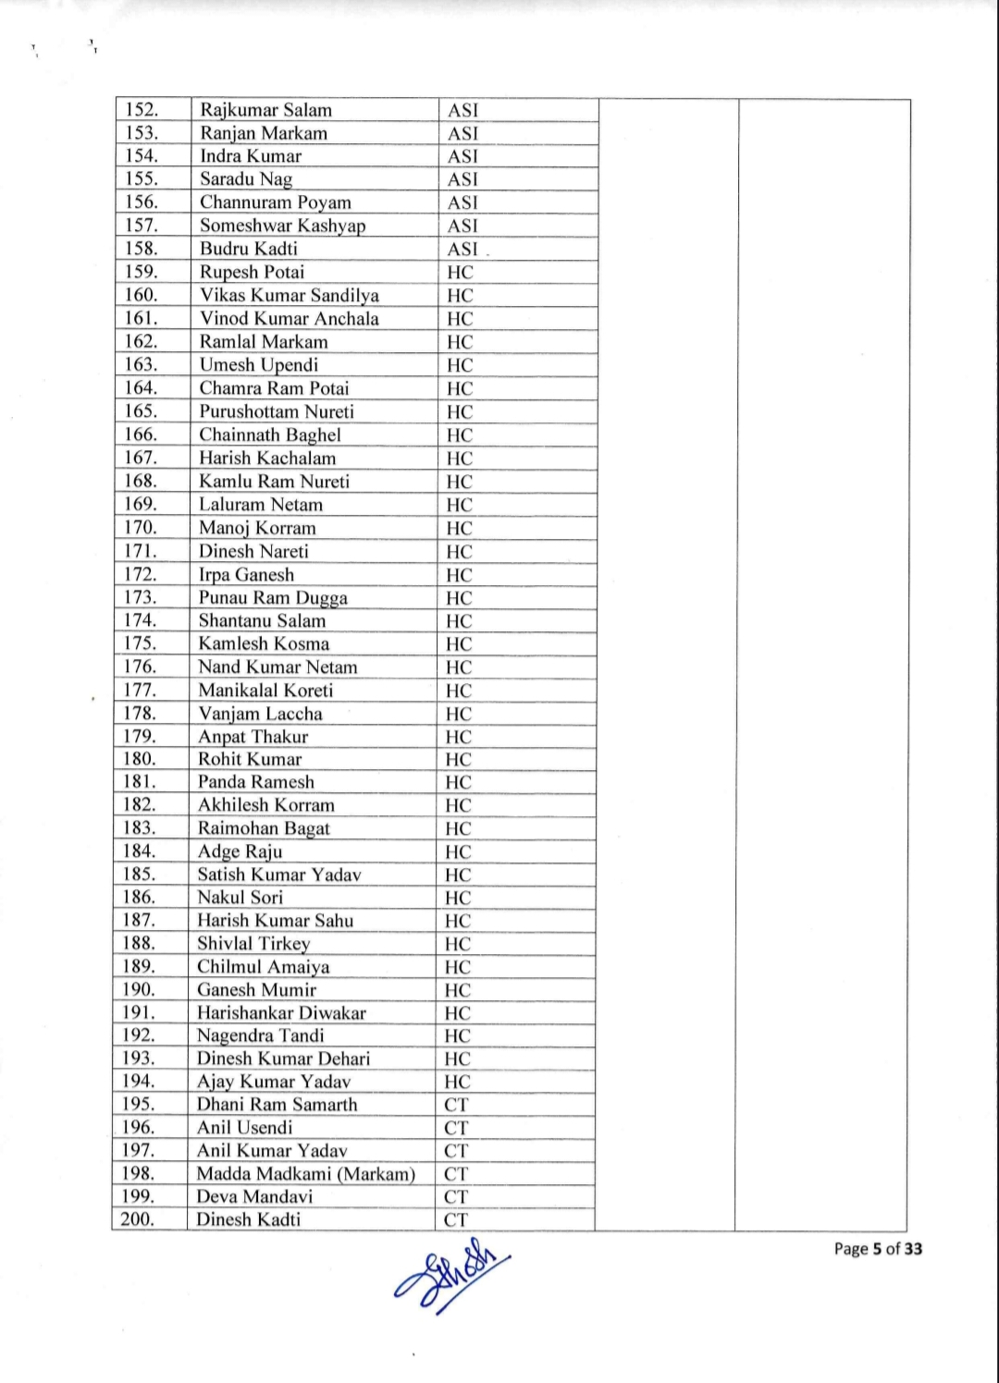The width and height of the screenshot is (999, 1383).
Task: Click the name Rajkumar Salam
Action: pos(265,110)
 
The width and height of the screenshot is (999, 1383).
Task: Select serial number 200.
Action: pos(138,1219)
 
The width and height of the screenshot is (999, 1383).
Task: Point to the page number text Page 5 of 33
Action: pos(878,1249)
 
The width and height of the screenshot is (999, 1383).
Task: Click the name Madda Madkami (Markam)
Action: pos(305,1174)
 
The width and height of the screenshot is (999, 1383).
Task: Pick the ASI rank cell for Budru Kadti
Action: pos(462,249)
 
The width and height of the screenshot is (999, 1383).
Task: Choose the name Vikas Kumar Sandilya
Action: pos(290,296)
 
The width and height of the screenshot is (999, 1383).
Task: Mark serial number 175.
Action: pos(141,643)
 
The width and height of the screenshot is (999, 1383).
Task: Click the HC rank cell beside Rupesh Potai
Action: pos(460,273)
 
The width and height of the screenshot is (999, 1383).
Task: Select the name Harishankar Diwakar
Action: pos(281,1013)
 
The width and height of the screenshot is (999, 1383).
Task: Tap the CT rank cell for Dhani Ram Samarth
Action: pos(456,1105)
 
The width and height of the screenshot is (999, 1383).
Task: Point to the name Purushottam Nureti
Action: pos(277,411)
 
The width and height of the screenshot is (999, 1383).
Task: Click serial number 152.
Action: pos(142,110)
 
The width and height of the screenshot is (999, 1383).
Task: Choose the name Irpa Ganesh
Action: pos(246,574)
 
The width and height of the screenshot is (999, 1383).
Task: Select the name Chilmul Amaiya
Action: pos(263,967)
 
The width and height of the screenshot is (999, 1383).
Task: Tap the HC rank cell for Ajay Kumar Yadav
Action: pos(457,1082)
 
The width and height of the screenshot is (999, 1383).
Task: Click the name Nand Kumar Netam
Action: pos(277,667)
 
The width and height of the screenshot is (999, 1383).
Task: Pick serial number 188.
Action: pos(139,944)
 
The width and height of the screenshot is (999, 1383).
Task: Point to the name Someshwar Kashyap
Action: pos(282,226)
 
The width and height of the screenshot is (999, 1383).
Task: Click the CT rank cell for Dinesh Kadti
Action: pos(456,1219)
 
